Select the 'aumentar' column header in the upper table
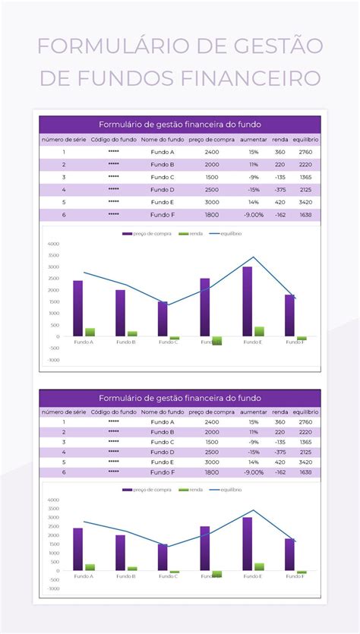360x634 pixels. [253, 140]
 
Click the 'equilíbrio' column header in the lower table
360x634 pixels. [305, 412]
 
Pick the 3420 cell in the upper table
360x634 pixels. [305, 202]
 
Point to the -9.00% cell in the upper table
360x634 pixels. [253, 215]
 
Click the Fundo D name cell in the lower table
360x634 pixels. [163, 452]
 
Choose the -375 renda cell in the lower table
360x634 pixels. [279, 452]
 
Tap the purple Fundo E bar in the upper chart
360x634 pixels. [248, 301]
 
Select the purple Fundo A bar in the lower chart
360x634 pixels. [77, 549]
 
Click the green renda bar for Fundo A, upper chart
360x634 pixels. [90, 332]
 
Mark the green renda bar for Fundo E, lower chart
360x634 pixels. [260, 566]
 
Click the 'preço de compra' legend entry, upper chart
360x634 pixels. [147, 234]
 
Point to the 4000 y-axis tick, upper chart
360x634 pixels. [53, 244]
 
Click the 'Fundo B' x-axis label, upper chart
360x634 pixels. [126, 342]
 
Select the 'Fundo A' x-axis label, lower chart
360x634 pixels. [84, 576]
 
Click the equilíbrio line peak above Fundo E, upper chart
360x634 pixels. [253, 257]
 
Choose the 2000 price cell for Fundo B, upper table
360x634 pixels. [212, 164]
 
